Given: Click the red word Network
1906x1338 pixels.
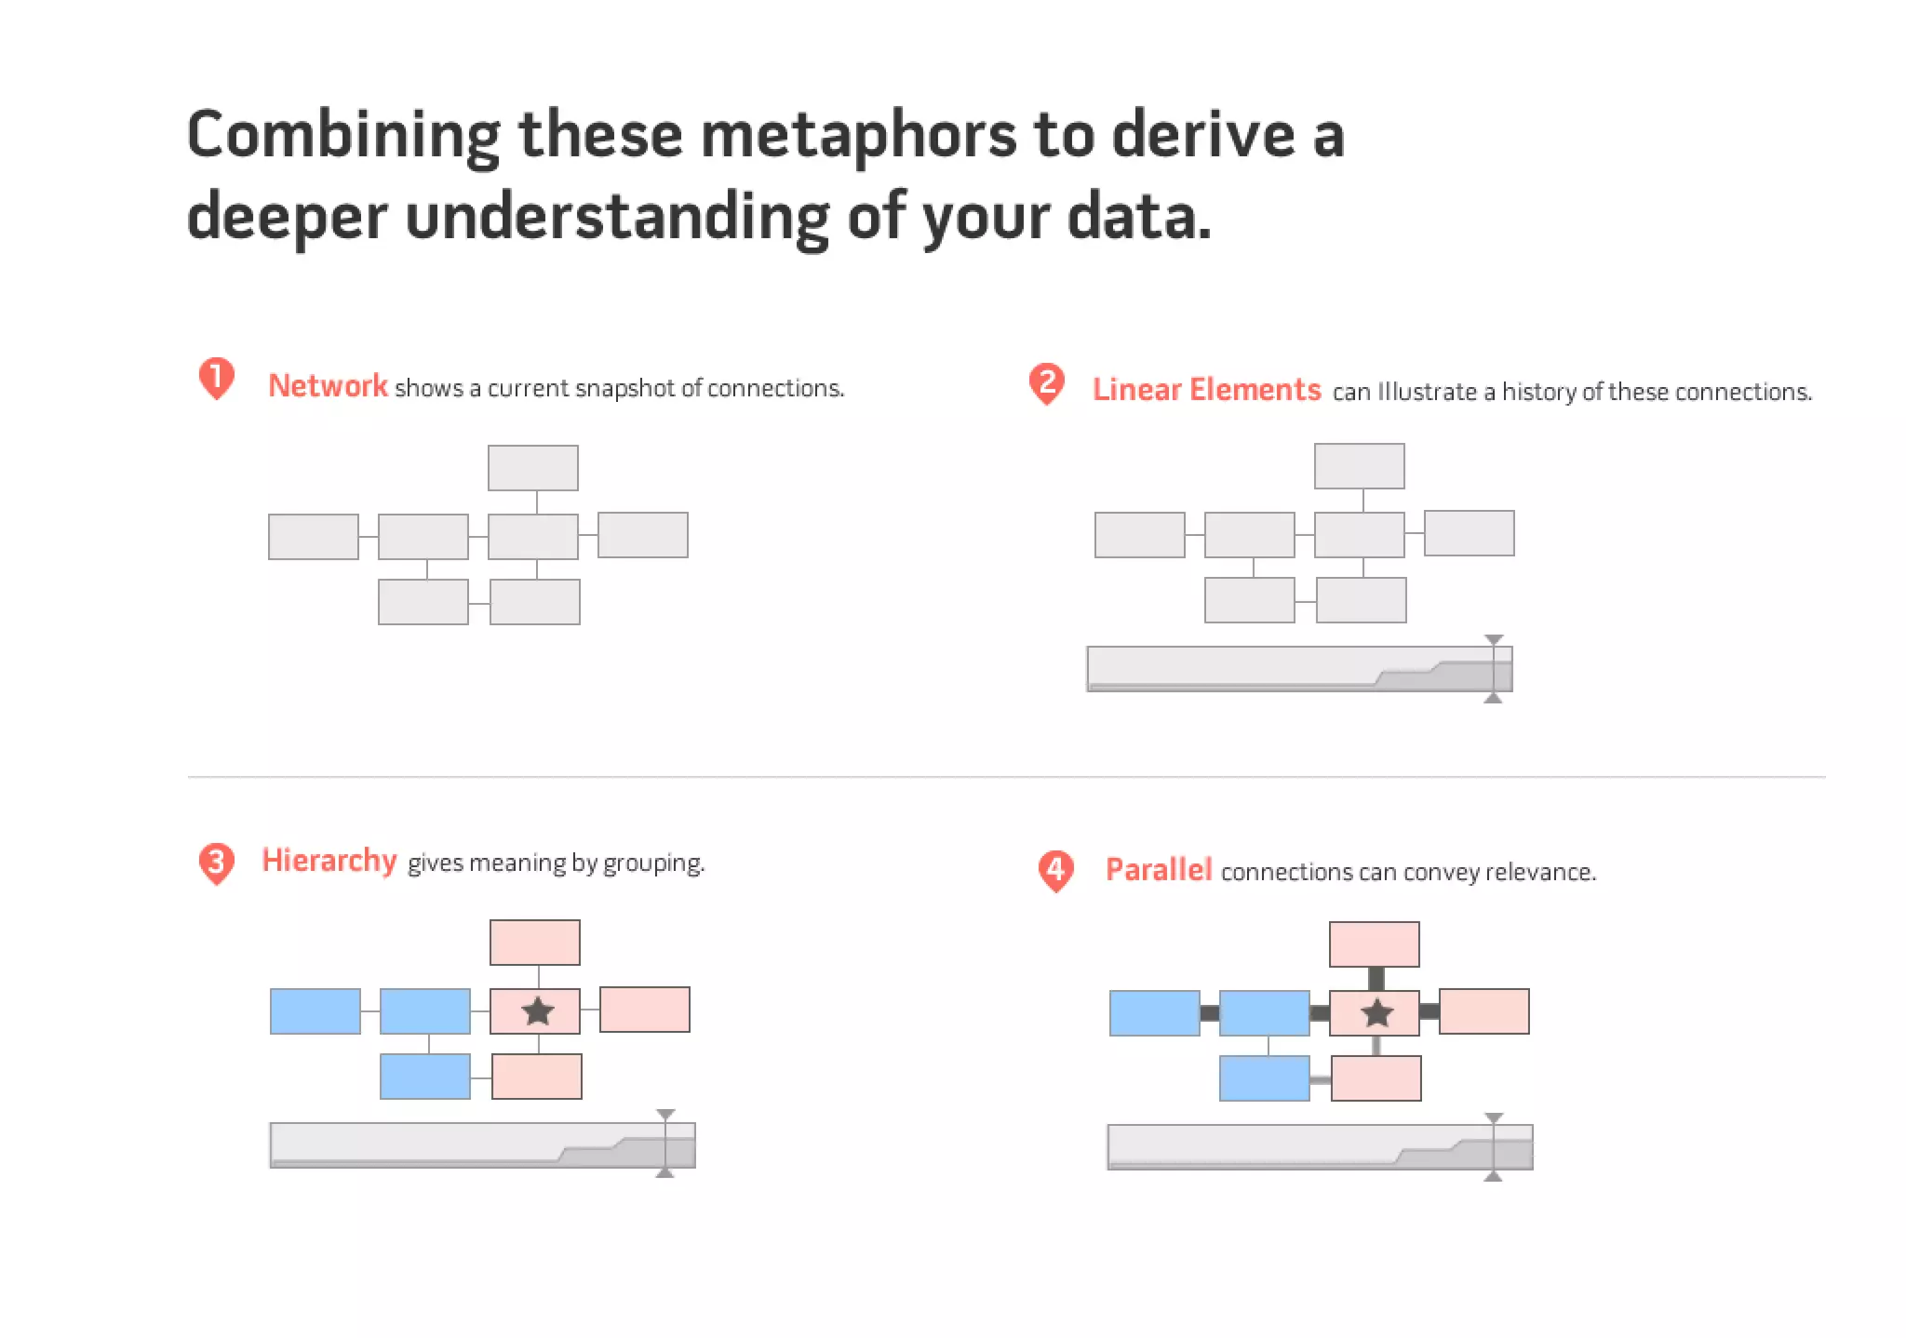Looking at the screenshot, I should tap(328, 385).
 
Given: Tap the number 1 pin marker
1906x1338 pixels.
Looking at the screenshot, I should tap(216, 378).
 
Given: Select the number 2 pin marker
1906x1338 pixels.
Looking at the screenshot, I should tap(1047, 382).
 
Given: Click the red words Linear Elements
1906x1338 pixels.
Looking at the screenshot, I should tap(1206, 389).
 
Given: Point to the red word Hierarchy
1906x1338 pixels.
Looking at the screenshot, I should tap(329, 860).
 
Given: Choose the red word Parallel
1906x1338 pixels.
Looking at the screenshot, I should tap(1158, 869).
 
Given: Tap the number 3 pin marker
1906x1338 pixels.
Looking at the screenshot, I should tap(216, 863).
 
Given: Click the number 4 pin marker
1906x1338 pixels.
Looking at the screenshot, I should tap(1055, 870).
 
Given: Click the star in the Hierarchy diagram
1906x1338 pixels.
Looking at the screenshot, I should tap(538, 1011).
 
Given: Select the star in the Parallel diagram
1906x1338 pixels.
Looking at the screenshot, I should tap(1376, 1013).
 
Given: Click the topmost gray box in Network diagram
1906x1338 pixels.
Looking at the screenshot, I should tap(533, 468).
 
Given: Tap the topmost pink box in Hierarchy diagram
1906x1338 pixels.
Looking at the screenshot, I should tap(535, 943).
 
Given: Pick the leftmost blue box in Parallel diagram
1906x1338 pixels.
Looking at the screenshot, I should tap(1154, 1013).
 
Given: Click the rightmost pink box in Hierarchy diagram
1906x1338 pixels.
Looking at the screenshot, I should tap(645, 1010).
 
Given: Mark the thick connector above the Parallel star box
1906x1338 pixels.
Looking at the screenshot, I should tap(1376, 979).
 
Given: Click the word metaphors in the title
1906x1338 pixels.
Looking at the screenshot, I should tap(858, 135).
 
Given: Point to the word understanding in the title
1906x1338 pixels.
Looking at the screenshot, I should tap(617, 216).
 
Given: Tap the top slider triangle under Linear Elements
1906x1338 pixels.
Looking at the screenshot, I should tap(1494, 640).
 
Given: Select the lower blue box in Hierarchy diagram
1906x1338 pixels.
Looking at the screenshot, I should tap(425, 1077).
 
